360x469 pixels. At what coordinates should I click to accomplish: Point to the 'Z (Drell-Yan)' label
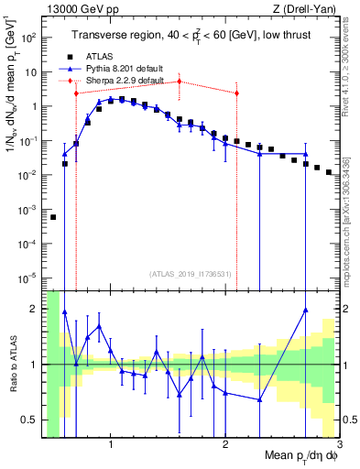tap(308, 9)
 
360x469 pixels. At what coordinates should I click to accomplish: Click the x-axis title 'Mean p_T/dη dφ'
tap(293, 456)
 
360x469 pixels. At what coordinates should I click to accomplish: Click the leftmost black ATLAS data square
tap(53, 217)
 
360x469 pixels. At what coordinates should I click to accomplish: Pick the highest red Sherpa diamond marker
tap(180, 82)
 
